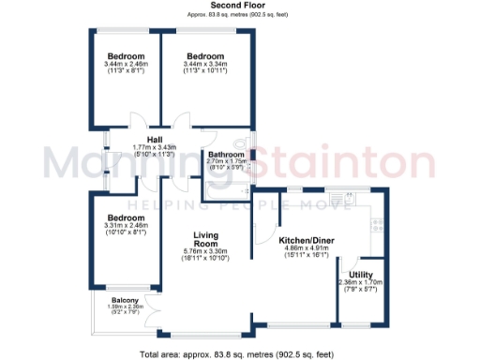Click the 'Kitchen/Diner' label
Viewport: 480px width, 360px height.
click(308, 241)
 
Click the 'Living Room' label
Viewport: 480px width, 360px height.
click(205, 239)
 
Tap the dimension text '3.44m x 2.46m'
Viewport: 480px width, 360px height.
click(125, 63)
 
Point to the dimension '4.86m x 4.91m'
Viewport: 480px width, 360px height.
click(308, 249)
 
